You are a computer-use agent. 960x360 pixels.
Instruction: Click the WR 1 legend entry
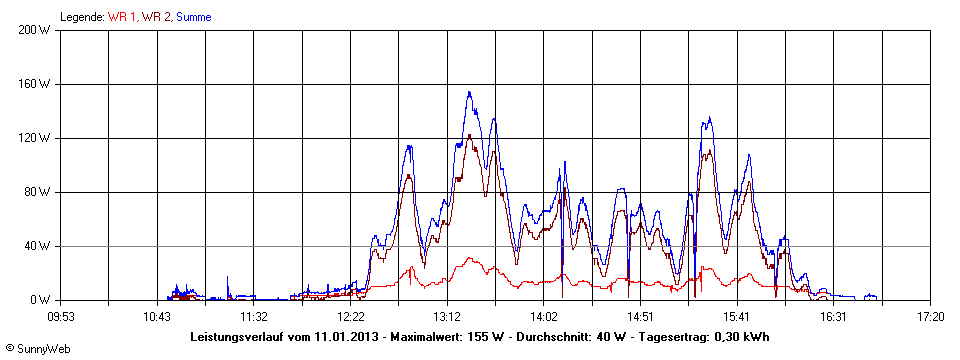(124, 17)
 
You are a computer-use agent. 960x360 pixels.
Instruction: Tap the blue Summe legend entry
(193, 17)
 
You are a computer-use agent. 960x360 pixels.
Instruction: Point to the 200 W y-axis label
(35, 30)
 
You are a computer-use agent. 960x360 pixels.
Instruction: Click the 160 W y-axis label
(35, 84)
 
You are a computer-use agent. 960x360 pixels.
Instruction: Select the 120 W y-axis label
(35, 138)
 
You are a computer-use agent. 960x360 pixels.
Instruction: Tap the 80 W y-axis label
(38, 192)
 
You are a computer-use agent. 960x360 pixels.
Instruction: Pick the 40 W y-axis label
(38, 246)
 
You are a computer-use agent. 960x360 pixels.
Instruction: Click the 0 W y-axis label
(41, 300)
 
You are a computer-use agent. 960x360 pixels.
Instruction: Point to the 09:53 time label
(61, 316)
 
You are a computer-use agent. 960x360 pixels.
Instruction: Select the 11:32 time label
(254, 316)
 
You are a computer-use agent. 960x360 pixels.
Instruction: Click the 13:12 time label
(447, 316)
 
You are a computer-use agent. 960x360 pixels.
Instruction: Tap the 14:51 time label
(640, 316)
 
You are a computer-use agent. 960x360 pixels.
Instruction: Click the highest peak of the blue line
(469, 93)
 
